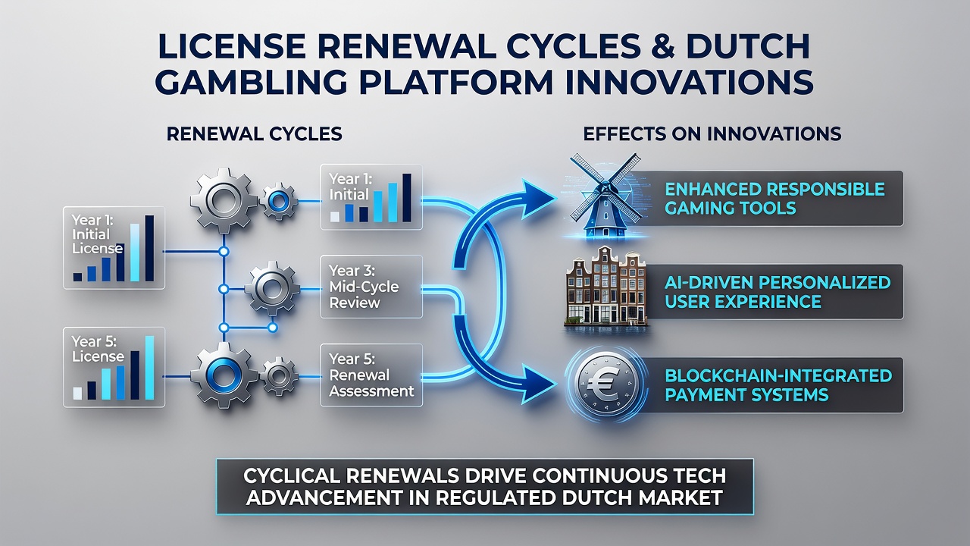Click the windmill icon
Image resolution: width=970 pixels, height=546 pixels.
(605, 195)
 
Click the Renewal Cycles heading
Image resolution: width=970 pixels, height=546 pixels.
(255, 134)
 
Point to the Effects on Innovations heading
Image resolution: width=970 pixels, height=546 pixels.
(712, 134)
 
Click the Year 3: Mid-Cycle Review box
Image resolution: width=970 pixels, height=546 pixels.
(371, 287)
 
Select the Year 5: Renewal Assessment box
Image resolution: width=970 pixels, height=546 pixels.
(371, 375)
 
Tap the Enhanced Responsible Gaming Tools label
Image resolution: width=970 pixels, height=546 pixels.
(774, 199)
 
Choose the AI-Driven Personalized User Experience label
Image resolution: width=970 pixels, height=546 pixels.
(778, 292)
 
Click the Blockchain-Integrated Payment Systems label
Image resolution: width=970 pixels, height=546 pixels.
(778, 384)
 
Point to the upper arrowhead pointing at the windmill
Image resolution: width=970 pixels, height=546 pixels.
(538, 199)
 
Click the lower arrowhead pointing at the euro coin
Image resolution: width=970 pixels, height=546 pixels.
(538, 383)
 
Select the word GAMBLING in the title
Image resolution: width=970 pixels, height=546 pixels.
(251, 81)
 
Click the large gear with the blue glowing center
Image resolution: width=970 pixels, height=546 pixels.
(224, 375)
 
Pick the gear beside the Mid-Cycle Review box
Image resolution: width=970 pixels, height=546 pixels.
(272, 288)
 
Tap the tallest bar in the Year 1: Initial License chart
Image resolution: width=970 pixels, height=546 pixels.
(149, 248)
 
